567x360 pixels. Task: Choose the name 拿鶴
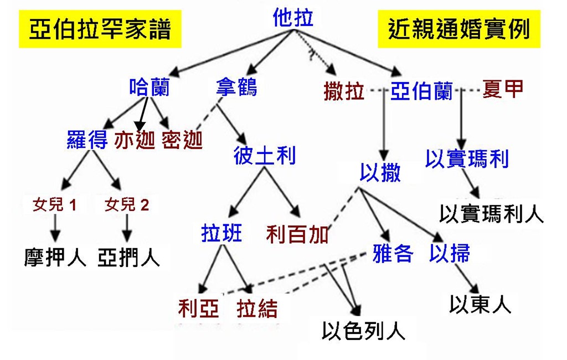(236, 87)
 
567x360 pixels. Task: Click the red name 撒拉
(344, 91)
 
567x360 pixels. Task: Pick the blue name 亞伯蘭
(421, 91)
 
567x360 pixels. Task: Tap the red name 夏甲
(502, 89)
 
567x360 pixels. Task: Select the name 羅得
(87, 140)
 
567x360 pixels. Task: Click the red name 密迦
(182, 141)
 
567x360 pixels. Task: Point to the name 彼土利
(264, 157)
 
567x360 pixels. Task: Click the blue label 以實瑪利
(467, 159)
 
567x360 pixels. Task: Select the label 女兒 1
(54, 205)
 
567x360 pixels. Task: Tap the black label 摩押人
(55, 257)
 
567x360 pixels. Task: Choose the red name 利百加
(297, 235)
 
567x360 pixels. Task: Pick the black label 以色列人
(363, 331)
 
